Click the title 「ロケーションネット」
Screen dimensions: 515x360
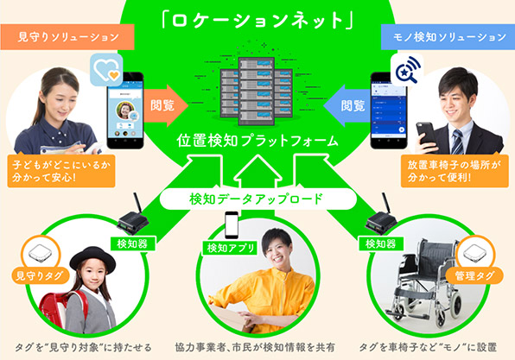tap(257, 21)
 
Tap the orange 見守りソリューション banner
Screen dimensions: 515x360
tap(67, 37)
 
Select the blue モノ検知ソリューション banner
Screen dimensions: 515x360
tap(448, 37)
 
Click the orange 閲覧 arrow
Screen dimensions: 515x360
tap(166, 105)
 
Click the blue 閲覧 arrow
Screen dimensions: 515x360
tap(347, 105)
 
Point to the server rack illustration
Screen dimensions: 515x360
tap(256, 92)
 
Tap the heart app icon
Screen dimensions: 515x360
tap(106, 70)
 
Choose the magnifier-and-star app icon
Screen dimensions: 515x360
tap(407, 70)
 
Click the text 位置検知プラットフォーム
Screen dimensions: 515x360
tap(257, 141)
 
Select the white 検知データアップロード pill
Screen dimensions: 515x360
tap(258, 199)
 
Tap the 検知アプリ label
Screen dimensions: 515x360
tap(230, 248)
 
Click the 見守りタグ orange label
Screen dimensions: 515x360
tap(40, 275)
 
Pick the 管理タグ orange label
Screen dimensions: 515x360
tap(474, 275)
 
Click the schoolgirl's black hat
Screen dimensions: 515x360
tap(92, 258)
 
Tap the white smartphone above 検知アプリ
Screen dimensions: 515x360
tap(232, 224)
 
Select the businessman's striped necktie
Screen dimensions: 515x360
tap(457, 142)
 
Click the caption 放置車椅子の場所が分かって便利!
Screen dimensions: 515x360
tap(455, 171)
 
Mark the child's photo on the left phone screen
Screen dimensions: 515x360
tap(124, 110)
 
